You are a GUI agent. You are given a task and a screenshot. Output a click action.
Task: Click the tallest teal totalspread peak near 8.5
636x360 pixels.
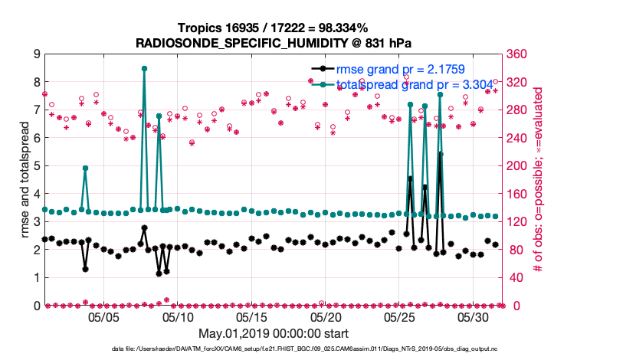tap(144, 68)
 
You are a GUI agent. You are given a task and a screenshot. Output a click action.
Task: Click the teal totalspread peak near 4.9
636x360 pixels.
tap(85, 168)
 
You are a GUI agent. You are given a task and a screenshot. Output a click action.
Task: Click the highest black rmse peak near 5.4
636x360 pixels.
tap(440, 153)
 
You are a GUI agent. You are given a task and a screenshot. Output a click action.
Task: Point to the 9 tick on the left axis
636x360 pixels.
tap(36, 54)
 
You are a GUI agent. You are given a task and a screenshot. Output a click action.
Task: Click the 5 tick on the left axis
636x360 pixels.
tap(36, 165)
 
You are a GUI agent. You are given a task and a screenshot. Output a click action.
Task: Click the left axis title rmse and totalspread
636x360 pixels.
tap(24, 179)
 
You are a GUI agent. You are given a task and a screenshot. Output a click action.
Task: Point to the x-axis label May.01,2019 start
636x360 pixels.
tap(274, 333)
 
